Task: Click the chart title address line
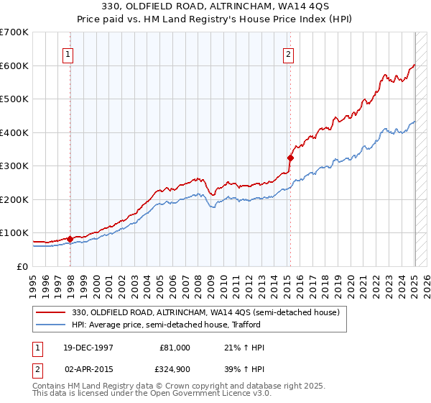tap(215, 7)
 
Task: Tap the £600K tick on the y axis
tap(14, 65)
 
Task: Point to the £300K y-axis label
tap(14, 166)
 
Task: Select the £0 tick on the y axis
tap(22, 266)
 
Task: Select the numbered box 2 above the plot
tap(288, 54)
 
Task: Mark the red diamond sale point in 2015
tap(291, 158)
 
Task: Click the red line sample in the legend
tap(52, 312)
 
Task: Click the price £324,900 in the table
tap(174, 368)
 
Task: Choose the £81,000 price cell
tap(174, 348)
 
